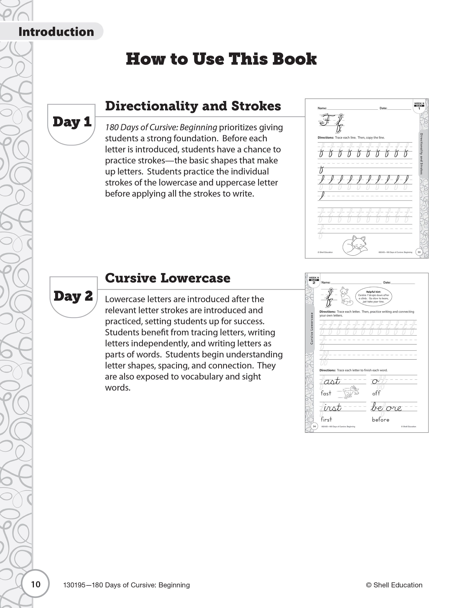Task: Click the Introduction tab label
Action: point(56,32)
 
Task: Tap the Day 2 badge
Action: point(73,296)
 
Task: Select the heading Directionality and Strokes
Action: point(193,106)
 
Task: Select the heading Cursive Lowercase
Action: point(168,278)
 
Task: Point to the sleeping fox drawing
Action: point(355,245)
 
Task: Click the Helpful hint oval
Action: point(373,297)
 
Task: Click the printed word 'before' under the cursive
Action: point(380,420)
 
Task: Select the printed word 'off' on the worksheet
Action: point(376,393)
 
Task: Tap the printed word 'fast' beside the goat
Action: point(326,393)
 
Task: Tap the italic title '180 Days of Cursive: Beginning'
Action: point(161,127)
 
